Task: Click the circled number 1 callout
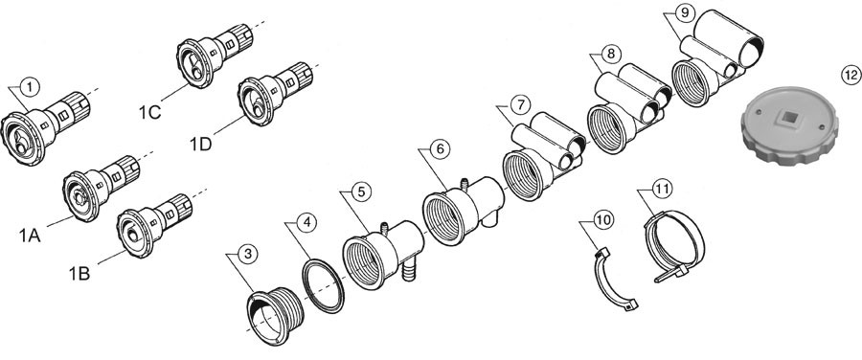pos(31,86)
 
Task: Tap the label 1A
pos(31,236)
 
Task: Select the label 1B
pos(79,273)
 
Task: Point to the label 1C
pos(149,112)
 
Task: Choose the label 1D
pos(201,145)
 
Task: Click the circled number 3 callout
pos(248,254)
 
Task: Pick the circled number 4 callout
pos(306,222)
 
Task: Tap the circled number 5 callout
pos(361,191)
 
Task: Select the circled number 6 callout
pos(440,149)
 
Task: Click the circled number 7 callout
pos(519,103)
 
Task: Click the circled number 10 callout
pos(603,220)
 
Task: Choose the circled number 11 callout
pos(662,189)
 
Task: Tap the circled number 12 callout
pos(851,76)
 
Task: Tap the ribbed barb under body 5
pos(408,270)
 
